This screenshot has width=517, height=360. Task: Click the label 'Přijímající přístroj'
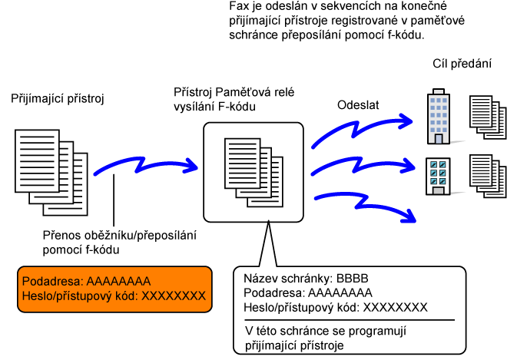point(57,99)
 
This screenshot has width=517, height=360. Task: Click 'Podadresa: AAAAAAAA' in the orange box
point(86,281)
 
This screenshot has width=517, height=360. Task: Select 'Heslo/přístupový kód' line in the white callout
point(335,306)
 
